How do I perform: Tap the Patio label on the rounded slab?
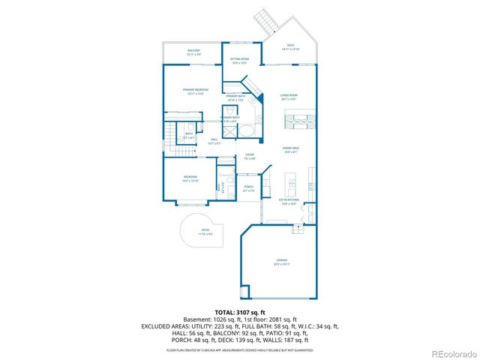205,232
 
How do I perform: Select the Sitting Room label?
240,60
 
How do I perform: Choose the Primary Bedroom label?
195,91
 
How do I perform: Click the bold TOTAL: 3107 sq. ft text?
240,312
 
